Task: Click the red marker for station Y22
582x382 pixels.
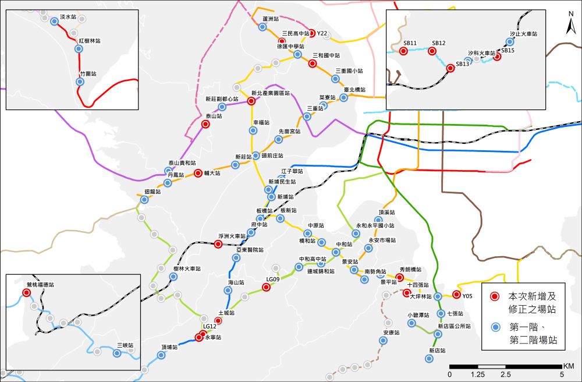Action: (x=311, y=33)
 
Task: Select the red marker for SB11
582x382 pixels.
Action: (x=403, y=51)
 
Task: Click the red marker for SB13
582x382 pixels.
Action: (x=450, y=68)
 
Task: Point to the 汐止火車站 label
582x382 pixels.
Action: (x=523, y=34)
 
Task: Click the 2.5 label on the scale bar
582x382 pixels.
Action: (x=505, y=374)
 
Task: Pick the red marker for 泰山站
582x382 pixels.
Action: (x=205, y=124)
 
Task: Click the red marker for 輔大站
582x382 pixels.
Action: (x=198, y=173)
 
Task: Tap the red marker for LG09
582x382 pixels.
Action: (x=266, y=286)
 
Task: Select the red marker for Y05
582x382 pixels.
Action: (x=456, y=295)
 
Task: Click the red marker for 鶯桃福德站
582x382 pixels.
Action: (x=26, y=292)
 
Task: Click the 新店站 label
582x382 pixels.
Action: (x=437, y=351)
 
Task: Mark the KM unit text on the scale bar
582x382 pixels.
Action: (x=569, y=366)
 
